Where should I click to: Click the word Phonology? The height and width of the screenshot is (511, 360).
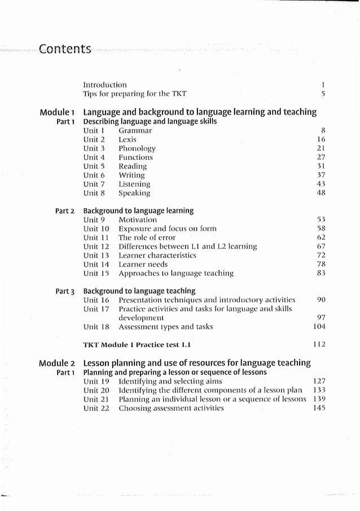[137, 148]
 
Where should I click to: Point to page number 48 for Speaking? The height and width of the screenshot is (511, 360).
[321, 193]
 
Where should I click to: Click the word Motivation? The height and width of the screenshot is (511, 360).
[138, 219]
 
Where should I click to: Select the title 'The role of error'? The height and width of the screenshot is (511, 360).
[147, 237]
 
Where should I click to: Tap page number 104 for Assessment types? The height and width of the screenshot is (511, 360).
[319, 327]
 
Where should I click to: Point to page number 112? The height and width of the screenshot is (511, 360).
[319, 344]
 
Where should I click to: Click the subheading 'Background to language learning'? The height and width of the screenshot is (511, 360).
[138, 210]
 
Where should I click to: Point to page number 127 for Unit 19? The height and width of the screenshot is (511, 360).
[319, 381]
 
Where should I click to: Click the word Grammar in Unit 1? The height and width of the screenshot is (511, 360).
[135, 130]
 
